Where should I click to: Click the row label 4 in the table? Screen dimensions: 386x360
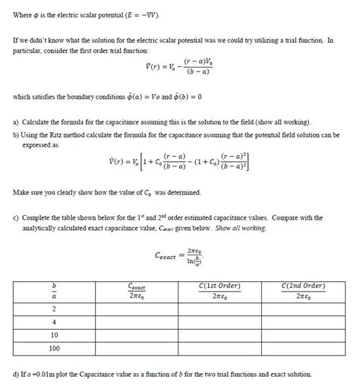tap(54, 321)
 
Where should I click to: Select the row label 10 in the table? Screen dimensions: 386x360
tap(54, 334)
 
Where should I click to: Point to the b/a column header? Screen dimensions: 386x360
tap(54, 290)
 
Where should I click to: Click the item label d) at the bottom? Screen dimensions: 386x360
tap(17, 374)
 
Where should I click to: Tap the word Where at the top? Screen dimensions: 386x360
tap(24, 14)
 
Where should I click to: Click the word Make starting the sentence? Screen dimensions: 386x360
tap(24, 192)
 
